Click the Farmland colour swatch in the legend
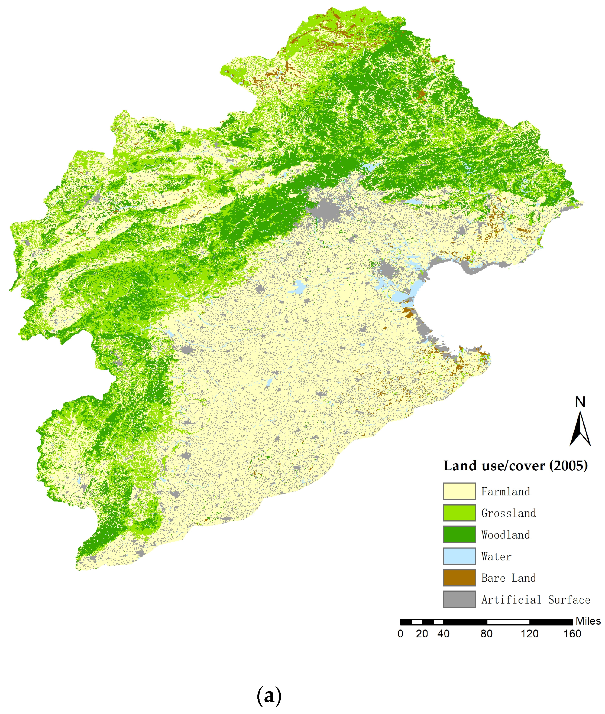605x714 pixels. point(459,491)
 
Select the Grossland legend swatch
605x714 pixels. point(459,513)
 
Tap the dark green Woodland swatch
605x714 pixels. point(459,534)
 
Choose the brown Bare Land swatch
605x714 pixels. point(459,578)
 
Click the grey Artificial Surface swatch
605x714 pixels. point(459,599)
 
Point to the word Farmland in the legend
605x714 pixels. point(505,491)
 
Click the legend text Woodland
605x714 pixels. point(505,535)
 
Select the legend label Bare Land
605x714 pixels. point(508,578)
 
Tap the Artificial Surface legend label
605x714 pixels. point(535,600)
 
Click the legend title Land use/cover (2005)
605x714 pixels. point(516,466)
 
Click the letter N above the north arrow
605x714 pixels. point(580,402)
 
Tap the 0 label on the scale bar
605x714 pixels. point(400,634)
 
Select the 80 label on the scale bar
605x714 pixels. point(486,634)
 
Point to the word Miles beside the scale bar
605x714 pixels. point(588,621)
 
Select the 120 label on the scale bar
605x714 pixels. point(529,634)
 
